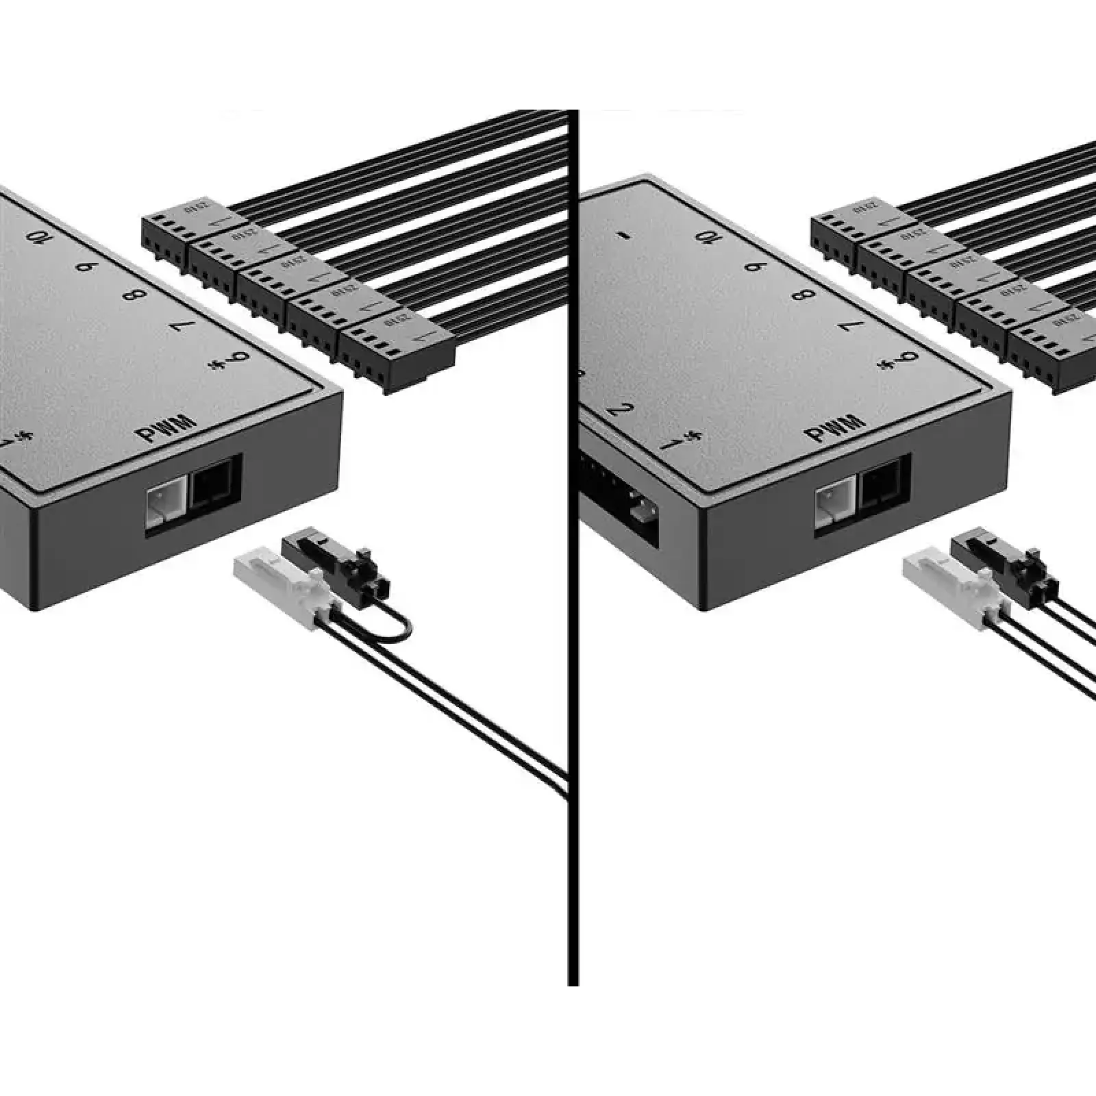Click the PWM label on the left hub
[166, 429]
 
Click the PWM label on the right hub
[836, 429]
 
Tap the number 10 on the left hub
[37, 237]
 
